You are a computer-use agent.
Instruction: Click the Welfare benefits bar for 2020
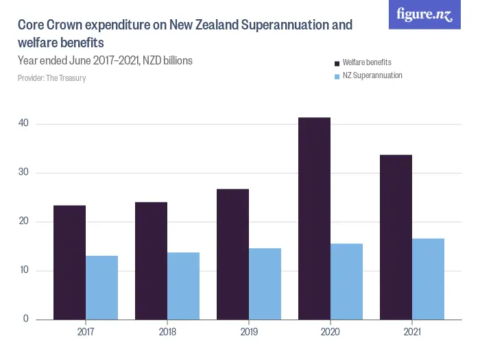tap(314, 218)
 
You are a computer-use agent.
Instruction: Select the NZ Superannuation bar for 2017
tap(101, 287)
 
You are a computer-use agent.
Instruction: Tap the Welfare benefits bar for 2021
tap(396, 237)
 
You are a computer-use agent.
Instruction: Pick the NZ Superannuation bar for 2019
tap(265, 283)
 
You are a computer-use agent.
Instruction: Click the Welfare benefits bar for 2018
tap(151, 261)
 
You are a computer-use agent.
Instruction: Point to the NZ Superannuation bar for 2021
tap(428, 278)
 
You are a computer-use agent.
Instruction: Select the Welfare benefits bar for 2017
tap(69, 262)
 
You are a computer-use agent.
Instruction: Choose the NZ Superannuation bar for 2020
tap(346, 281)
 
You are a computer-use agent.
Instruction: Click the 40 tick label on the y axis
tap(23, 123)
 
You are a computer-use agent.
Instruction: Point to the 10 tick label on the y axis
tap(23, 270)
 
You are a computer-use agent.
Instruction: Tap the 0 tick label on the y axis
tap(26, 320)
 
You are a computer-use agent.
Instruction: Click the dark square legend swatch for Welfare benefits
tap(337, 63)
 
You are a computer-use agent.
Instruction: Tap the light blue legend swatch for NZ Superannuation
tap(337, 76)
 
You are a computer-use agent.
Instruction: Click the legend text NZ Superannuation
tap(372, 75)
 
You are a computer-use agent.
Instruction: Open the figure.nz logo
tap(425, 14)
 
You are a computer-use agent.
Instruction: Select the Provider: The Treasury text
tap(51, 78)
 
